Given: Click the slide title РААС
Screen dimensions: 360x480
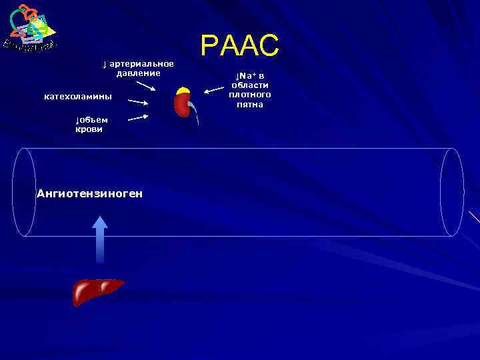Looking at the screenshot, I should pos(239,45).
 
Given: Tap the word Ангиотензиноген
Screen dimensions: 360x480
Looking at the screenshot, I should pos(89,193).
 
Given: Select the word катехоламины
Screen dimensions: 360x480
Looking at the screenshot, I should pos(78,97).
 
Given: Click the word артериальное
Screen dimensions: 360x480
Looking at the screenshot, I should pos(141,63).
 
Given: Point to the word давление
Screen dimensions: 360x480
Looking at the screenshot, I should pos(139,73).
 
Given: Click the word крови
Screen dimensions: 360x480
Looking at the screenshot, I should pos(89,129).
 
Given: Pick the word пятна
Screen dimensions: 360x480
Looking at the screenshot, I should pos(250,105).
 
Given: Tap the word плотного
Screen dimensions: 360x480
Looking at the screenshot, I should pos(250,95).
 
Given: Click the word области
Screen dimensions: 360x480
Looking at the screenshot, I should pos(250,85).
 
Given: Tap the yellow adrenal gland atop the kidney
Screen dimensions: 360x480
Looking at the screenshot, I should pos(183,91).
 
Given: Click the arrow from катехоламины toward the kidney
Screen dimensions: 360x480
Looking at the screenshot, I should pos(138,103).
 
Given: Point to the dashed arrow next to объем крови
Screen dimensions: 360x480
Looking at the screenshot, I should pos(137,117).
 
